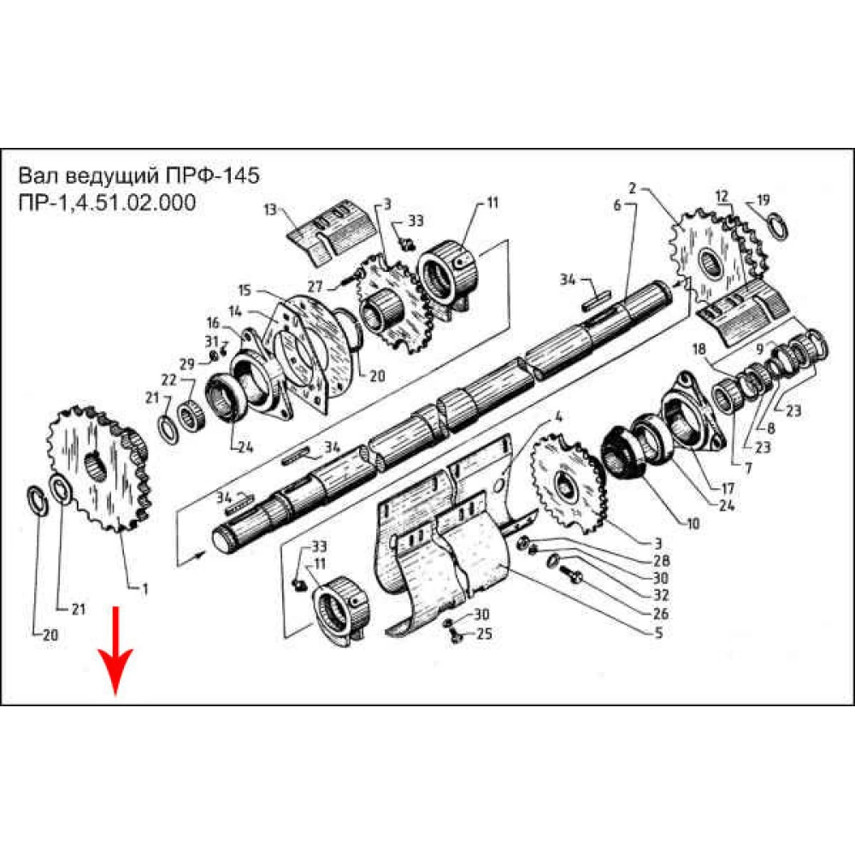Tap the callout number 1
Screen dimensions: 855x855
click(x=145, y=587)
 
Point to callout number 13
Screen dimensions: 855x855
click(x=271, y=209)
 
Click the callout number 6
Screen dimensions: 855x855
click(x=616, y=205)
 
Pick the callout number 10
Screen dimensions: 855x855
click(x=693, y=523)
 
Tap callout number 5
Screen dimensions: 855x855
click(x=657, y=634)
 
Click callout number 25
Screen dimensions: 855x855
click(x=484, y=634)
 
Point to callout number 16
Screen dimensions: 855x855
click(x=212, y=322)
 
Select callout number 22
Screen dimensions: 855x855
click(x=168, y=380)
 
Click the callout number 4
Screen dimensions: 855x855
click(x=558, y=417)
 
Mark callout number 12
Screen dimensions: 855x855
click(x=722, y=197)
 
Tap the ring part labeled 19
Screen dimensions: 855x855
click(x=776, y=225)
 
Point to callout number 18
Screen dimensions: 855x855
click(x=698, y=350)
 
